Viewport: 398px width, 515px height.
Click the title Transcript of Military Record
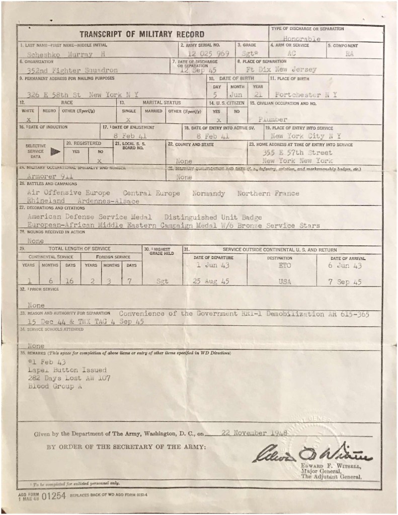(x=141, y=34)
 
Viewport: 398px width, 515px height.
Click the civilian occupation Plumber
(x=272, y=119)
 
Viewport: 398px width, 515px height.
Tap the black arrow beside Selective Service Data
(x=56, y=150)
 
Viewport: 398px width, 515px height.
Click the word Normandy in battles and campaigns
(x=209, y=193)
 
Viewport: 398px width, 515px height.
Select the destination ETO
(x=284, y=265)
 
